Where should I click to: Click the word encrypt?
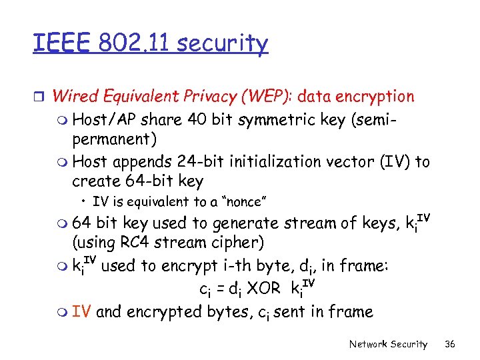(x=175, y=266)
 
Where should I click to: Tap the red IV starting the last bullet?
(x=81, y=311)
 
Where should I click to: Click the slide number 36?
(x=450, y=344)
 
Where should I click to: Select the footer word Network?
(x=370, y=344)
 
